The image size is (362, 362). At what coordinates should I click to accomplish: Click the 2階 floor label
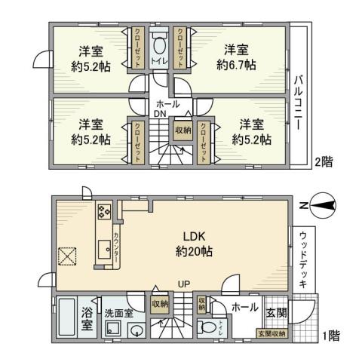click(324, 161)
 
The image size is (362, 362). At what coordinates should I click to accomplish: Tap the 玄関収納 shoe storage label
click(272, 333)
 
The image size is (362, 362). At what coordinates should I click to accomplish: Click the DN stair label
click(160, 114)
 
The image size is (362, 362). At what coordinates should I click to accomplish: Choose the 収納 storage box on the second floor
click(183, 130)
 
